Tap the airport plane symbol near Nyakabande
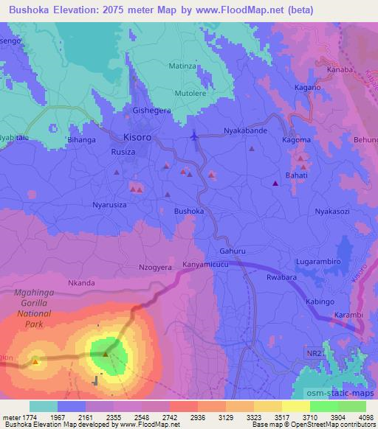click(x=194, y=136)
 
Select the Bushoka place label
click(x=188, y=211)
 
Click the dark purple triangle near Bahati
click(x=275, y=183)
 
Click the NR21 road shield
click(x=316, y=355)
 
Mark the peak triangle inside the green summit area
click(x=105, y=354)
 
